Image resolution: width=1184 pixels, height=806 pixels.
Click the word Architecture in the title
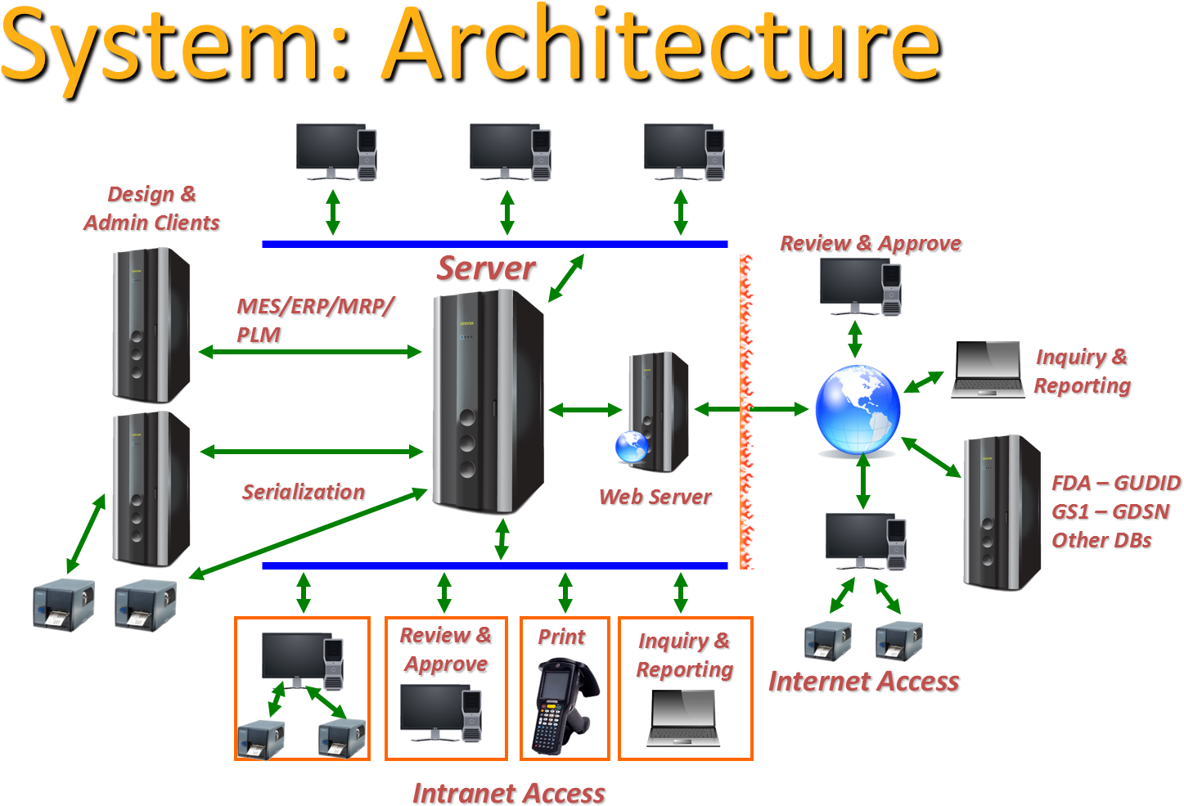coord(660,45)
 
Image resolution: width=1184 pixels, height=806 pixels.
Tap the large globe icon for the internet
coord(858,410)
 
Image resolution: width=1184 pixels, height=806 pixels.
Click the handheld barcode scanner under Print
coord(563,706)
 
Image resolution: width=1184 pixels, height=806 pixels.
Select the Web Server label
coord(655,498)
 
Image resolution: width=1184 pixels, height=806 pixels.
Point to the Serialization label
coord(304,493)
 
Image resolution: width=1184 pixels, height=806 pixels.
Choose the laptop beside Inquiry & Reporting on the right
coord(988,370)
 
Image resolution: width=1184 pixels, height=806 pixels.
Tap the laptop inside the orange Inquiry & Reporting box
coord(683,718)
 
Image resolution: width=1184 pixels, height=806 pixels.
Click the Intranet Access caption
coord(509,793)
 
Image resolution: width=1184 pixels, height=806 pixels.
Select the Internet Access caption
coord(864,682)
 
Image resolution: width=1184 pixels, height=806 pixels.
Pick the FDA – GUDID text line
coord(1116,484)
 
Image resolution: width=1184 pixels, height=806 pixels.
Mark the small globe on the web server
coord(632,447)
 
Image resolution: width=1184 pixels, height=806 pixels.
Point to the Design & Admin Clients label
coord(152,209)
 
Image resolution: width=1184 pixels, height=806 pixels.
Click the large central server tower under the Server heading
coord(488,401)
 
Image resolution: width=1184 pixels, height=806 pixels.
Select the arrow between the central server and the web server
coord(586,410)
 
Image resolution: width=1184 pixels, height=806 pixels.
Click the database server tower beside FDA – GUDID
coord(1002,512)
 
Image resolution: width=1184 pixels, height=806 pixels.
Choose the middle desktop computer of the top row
coord(510,151)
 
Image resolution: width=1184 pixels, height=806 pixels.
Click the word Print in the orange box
coord(562,637)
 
